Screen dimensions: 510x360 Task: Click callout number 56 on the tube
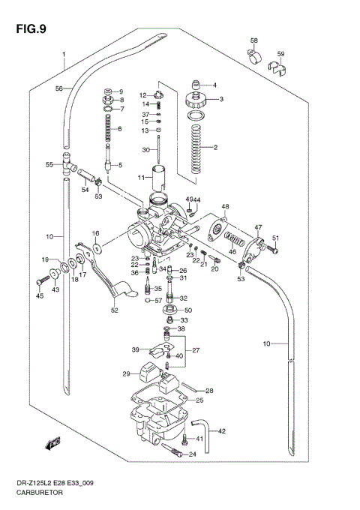(58, 88)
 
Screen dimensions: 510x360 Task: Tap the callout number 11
(140, 178)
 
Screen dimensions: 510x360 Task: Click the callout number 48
(225, 206)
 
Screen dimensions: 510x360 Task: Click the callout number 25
(199, 401)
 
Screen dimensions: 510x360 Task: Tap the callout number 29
(127, 373)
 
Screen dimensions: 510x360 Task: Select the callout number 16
(96, 235)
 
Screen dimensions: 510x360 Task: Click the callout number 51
(275, 238)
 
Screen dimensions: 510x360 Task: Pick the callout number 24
(193, 454)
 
